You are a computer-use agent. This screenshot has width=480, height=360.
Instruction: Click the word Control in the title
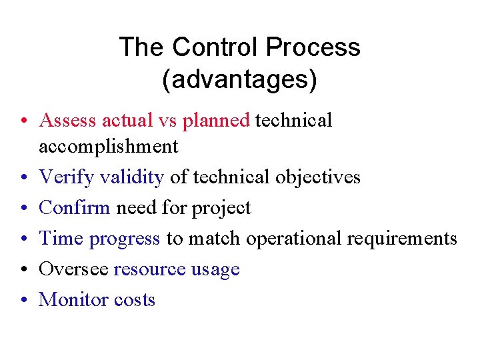pos(215,47)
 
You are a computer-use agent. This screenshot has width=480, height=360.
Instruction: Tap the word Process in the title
pos(313,47)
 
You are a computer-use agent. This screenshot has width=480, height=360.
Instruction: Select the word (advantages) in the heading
pos(239,80)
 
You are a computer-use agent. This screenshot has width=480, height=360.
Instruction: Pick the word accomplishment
pos(109,147)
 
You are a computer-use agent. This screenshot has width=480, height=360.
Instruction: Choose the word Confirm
pos(75,207)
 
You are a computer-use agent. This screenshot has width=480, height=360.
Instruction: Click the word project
pos(221,208)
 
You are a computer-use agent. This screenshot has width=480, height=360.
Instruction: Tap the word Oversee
pos(73,269)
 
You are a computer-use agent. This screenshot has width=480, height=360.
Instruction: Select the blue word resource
pos(149,269)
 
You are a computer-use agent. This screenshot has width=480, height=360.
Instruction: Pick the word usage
pos(215,270)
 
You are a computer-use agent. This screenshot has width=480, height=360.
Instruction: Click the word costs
pos(135,300)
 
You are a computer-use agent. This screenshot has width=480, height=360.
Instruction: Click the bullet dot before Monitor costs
pos(23,300)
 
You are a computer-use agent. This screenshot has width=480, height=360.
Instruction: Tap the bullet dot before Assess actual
pos(23,121)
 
